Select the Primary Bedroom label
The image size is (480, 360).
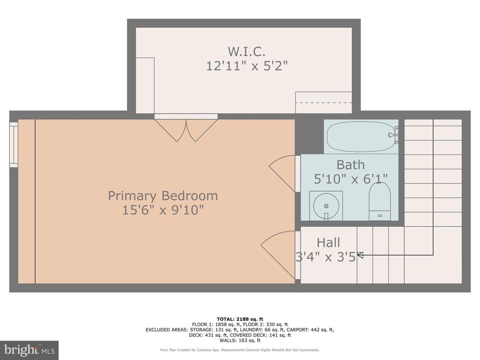163,196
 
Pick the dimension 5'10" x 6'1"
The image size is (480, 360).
350,178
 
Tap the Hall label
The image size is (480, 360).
328,243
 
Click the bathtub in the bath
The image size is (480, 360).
361,137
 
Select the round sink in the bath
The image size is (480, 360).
326,206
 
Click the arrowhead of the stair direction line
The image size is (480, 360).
360,255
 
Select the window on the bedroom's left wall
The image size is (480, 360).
13,145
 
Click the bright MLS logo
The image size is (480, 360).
29,350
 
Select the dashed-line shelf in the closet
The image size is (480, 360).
323,103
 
